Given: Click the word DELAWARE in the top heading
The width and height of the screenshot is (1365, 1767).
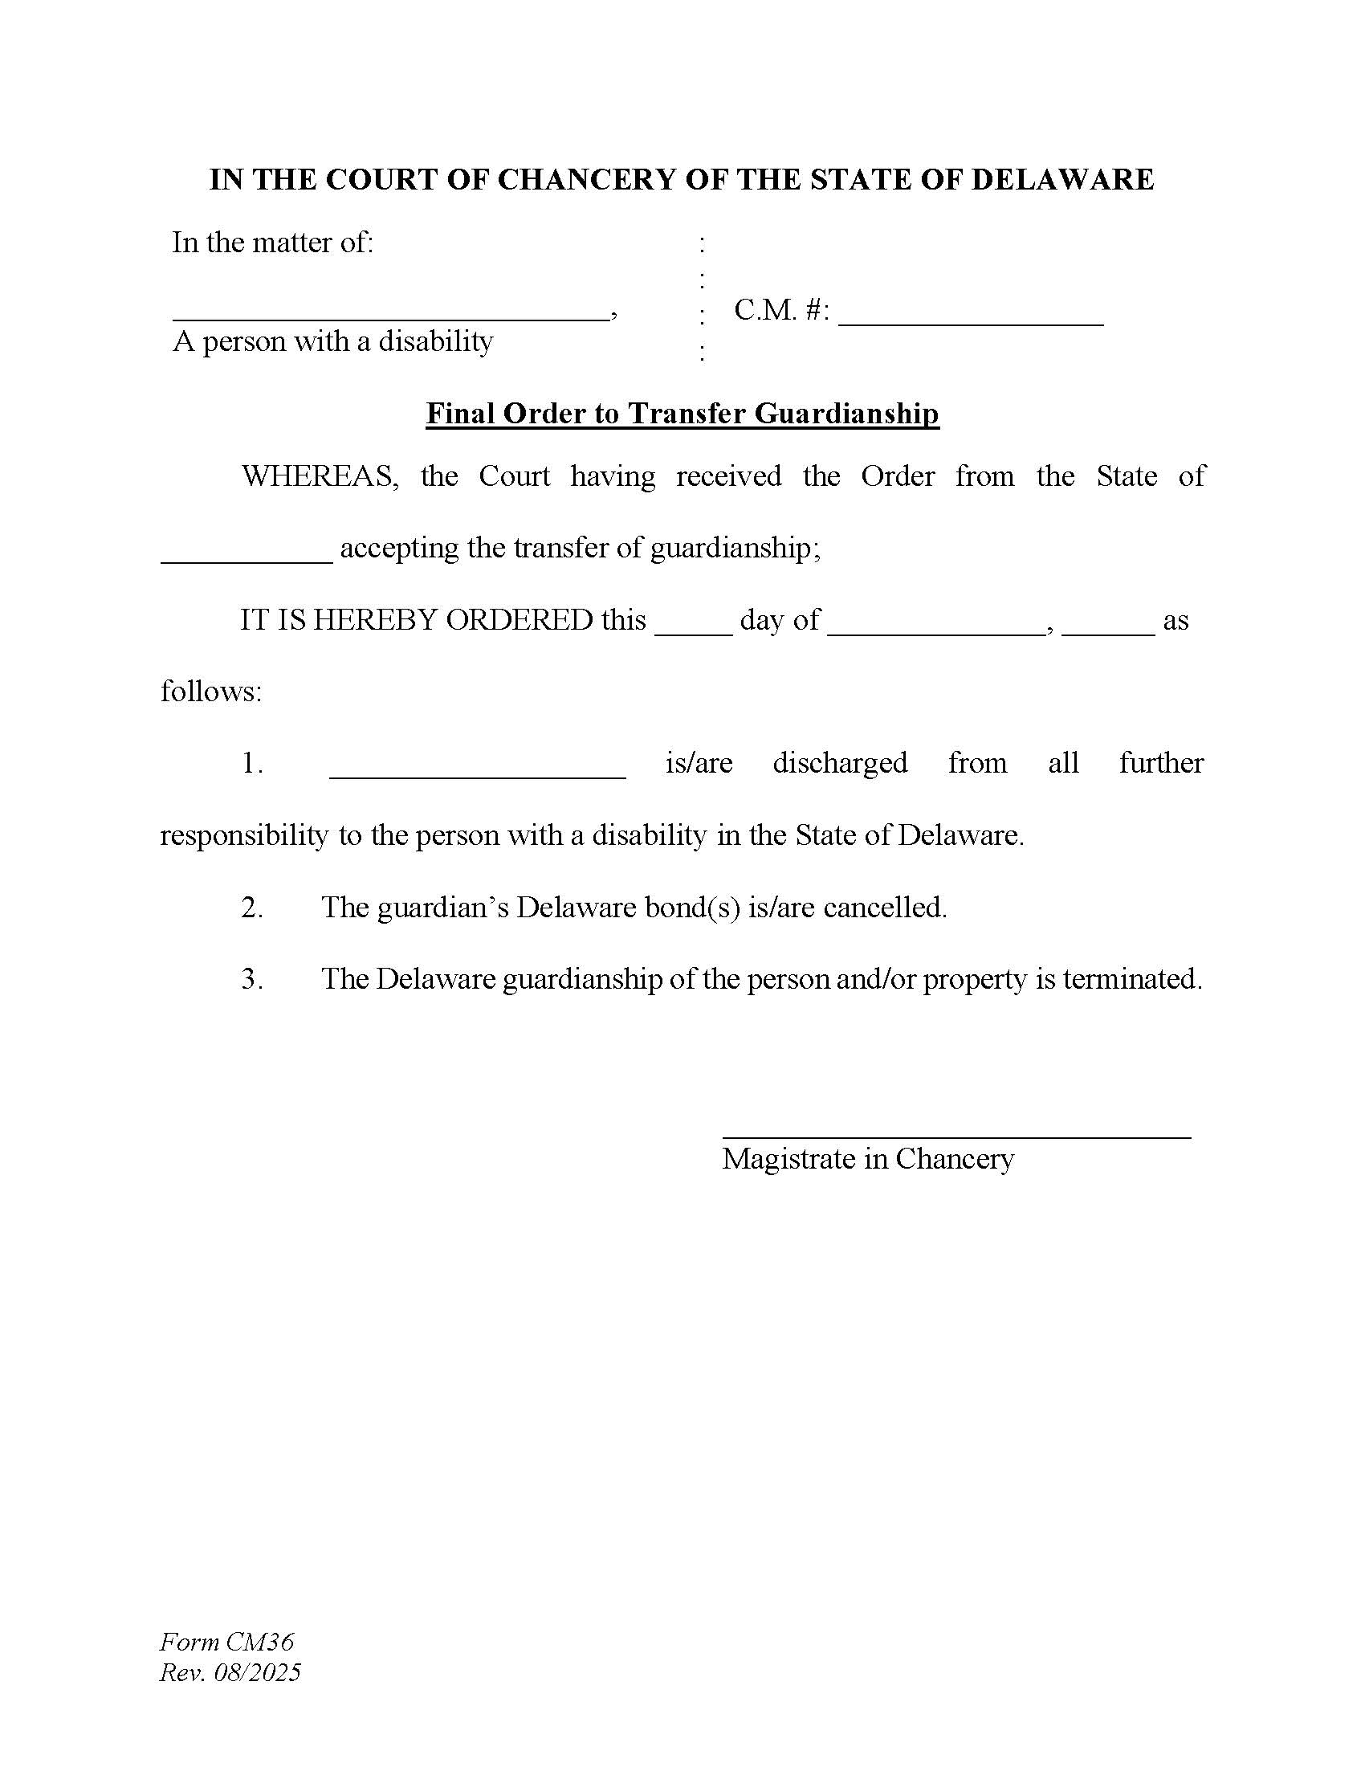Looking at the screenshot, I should [x=1061, y=180].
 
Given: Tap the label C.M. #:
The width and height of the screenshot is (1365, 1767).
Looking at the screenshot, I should [x=781, y=310].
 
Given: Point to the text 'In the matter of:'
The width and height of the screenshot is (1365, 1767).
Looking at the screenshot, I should [x=272, y=242].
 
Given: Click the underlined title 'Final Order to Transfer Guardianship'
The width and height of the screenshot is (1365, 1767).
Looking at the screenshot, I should [x=682, y=414].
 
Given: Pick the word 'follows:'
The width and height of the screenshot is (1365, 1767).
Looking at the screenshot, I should [x=211, y=692].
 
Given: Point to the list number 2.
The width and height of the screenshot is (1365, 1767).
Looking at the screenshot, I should [x=251, y=908].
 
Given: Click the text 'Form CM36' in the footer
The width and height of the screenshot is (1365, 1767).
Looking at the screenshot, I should [x=226, y=1642].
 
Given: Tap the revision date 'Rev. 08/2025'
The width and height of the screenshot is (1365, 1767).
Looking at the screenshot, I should [x=230, y=1672].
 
